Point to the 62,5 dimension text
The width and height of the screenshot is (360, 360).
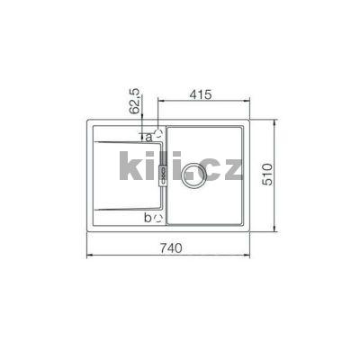point(135,101)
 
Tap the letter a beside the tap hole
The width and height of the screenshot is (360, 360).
point(146,137)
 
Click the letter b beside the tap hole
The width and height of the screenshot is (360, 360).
point(147,216)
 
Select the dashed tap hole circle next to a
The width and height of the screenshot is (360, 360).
point(158,133)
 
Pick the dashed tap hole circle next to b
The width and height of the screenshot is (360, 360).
point(158,217)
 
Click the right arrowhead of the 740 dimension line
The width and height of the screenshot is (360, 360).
point(250,257)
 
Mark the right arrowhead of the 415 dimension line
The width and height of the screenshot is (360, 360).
point(250,102)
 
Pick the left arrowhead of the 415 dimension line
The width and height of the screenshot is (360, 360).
point(160,102)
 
